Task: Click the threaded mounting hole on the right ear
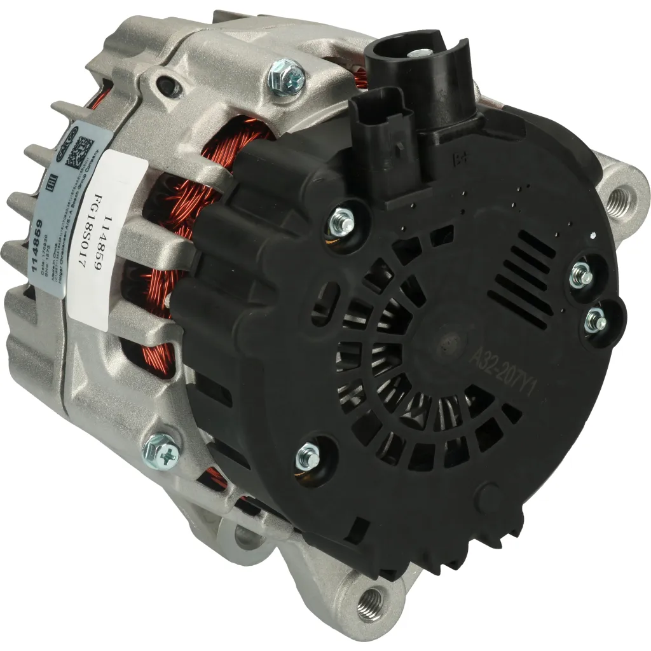click(621, 201)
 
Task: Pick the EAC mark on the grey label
click(52, 184)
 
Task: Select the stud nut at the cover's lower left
click(309, 456)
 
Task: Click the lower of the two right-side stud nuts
click(598, 321)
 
